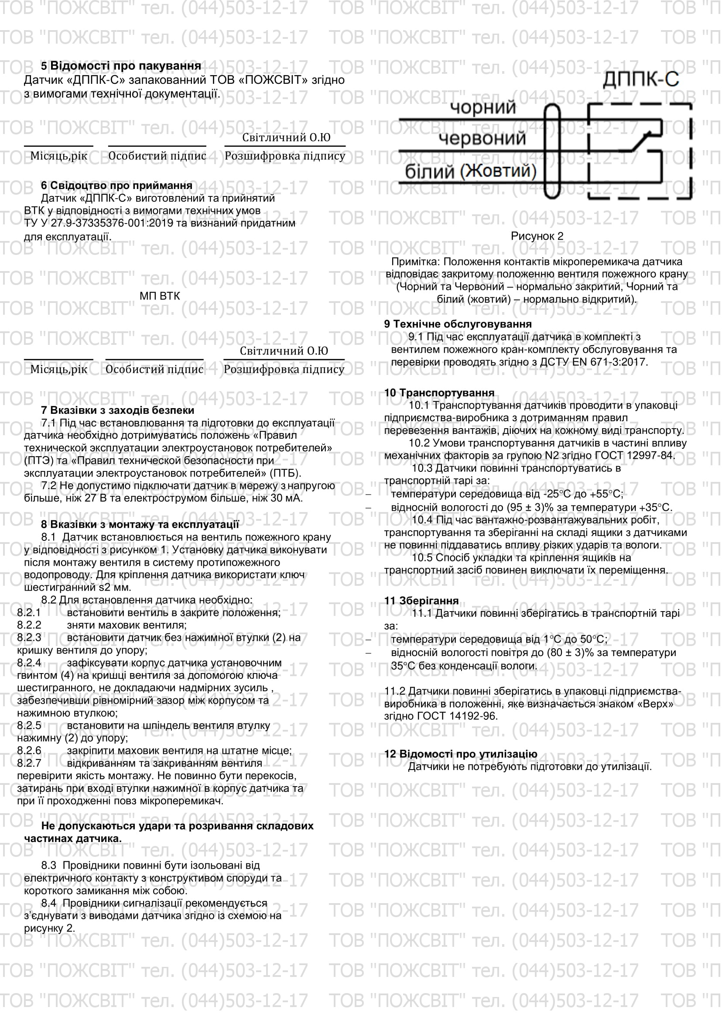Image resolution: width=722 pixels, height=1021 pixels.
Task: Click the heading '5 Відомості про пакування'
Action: tap(121, 66)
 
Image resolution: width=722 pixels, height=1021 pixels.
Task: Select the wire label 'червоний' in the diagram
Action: tap(482, 139)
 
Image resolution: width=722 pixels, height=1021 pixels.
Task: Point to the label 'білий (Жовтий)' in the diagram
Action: tap(470, 171)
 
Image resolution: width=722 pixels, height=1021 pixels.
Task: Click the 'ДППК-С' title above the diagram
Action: tap(641, 79)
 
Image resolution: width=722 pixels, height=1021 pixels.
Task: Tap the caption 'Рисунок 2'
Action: tap(537, 236)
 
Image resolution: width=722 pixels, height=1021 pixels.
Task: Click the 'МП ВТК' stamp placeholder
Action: tap(160, 296)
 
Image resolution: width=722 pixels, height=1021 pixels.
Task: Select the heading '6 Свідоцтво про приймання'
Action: tap(116, 186)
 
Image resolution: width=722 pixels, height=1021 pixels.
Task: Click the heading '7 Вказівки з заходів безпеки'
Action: tap(117, 410)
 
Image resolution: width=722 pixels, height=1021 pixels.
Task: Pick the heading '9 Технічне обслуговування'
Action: tap(458, 324)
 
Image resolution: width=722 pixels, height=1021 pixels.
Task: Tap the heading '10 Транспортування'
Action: tap(439, 393)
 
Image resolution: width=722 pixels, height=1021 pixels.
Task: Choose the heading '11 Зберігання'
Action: tap(421, 601)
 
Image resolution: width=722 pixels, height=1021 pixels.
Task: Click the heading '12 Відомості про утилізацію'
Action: tap(461, 754)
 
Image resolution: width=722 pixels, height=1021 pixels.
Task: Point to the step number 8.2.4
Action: tap(29, 663)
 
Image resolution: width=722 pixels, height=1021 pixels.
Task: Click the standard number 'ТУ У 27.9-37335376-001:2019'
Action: tap(98, 223)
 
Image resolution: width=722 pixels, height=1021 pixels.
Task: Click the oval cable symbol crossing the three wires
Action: tap(552, 151)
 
